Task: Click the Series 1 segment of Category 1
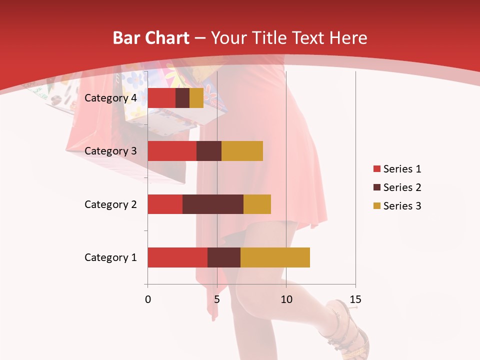click(177, 257)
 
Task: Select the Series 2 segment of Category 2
click(213, 204)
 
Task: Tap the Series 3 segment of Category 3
click(242, 151)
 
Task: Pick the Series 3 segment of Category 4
click(196, 98)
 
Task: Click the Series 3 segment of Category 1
click(275, 257)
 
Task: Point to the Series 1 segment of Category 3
click(172, 151)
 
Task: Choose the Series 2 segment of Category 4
click(182, 98)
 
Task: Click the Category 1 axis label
click(110, 257)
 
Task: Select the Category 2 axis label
click(110, 204)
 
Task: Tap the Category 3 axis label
click(110, 151)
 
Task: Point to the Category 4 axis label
click(110, 98)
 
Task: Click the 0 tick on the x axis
click(148, 299)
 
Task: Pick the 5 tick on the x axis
click(217, 299)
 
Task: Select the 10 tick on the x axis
click(286, 299)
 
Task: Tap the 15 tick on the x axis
click(355, 299)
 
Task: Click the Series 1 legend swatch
click(376, 169)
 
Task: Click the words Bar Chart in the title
click(150, 38)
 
